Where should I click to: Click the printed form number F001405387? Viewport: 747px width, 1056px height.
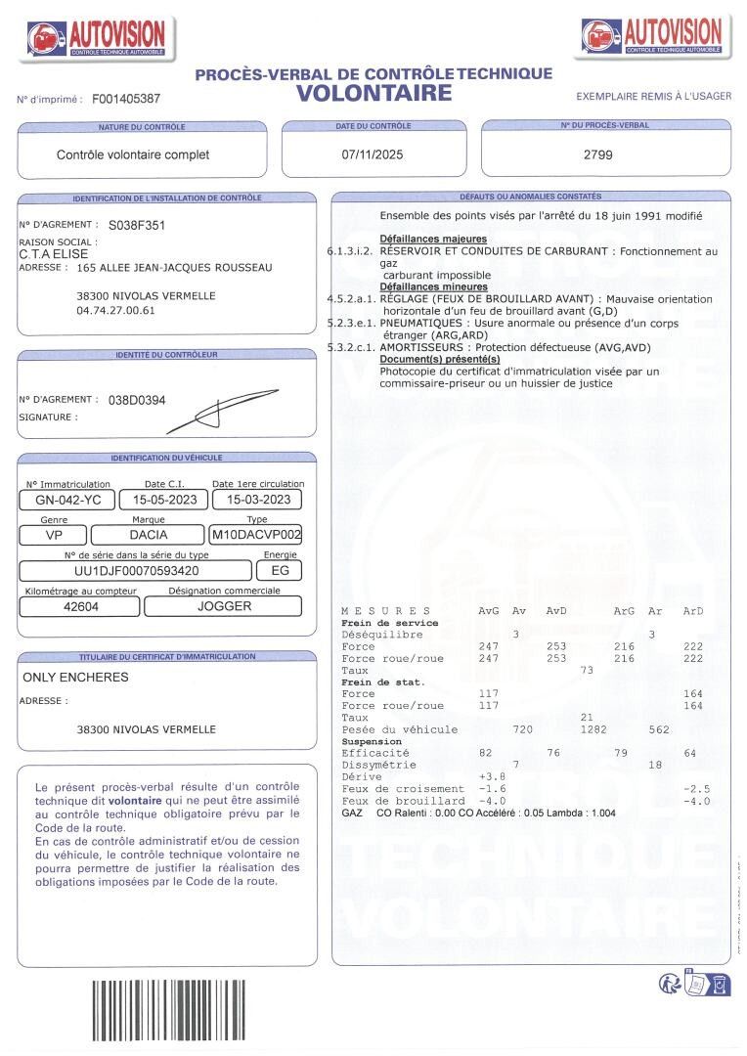coord(126,100)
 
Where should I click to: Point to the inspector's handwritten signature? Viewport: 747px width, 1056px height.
coord(210,414)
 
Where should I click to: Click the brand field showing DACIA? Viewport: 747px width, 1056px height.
coord(149,535)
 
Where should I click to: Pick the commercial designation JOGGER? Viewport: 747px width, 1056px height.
coord(225,606)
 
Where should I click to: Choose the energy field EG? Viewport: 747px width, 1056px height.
coord(280,570)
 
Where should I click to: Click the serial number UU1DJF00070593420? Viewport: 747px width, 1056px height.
coord(137,570)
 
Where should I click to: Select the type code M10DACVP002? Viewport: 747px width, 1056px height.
coord(256,535)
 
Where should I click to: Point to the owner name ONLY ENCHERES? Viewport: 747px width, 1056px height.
coord(75,677)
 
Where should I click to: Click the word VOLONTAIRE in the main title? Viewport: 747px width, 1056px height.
coord(374,94)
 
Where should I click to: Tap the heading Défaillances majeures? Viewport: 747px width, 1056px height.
coord(433,239)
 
